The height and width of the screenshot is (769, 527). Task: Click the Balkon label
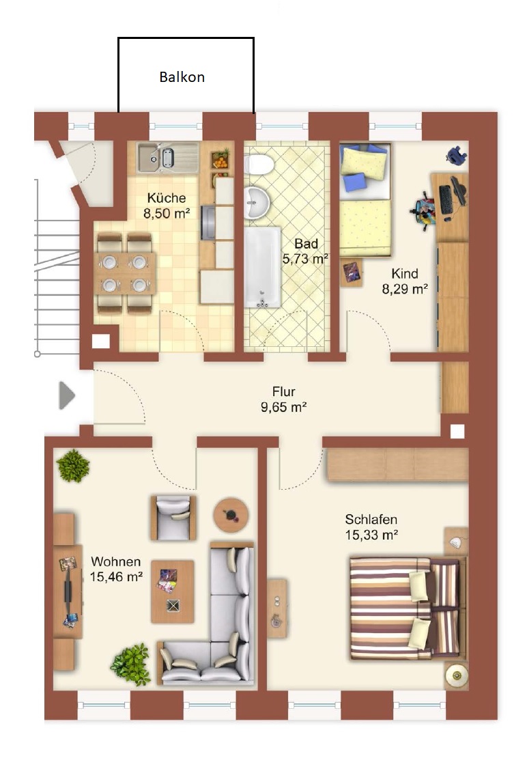tap(182, 77)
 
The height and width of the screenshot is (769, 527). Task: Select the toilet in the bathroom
tap(258, 164)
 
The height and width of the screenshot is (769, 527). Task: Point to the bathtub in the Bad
tap(263, 267)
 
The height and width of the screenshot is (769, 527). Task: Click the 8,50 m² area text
tap(167, 213)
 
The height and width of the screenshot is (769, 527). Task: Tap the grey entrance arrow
tap(67, 395)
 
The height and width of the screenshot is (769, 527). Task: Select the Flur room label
tap(284, 391)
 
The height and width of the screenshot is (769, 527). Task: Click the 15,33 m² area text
tap(371, 535)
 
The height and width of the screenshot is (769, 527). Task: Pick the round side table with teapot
tap(231, 515)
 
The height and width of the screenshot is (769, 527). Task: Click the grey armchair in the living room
tap(173, 518)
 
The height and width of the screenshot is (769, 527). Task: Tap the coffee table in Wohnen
tap(173, 592)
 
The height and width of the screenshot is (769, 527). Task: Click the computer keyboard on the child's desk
tap(446, 199)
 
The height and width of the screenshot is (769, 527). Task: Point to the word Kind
tap(405, 273)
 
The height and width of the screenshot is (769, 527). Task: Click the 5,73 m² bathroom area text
tap(305, 259)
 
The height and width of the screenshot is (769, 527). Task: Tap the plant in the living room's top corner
tap(73, 465)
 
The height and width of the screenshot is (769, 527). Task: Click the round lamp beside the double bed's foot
tap(457, 676)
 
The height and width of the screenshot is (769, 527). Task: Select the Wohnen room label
tap(115, 561)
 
